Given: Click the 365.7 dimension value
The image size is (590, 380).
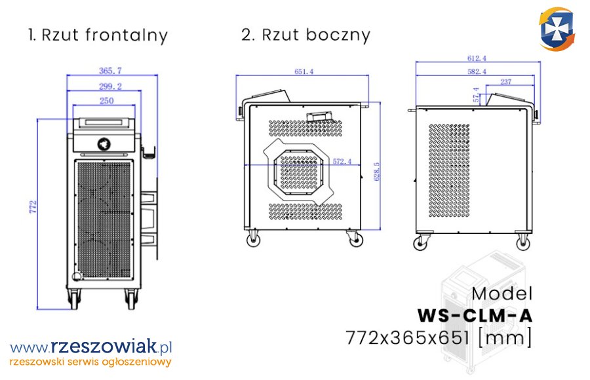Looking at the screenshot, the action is [110, 70].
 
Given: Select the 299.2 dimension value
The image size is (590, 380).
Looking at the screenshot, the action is [110, 86].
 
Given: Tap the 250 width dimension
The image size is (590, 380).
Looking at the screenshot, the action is [106, 100].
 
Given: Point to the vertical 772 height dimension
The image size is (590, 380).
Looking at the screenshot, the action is [33, 207].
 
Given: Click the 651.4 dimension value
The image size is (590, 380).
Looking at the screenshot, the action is [304, 71].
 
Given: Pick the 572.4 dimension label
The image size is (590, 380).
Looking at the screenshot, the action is [342, 161].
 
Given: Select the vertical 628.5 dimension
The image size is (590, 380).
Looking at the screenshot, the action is [377, 172].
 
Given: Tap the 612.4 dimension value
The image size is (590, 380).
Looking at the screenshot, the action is [477, 58].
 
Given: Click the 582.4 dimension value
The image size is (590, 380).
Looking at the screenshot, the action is [477, 71].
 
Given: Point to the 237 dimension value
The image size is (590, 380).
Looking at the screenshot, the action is [505, 82].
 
